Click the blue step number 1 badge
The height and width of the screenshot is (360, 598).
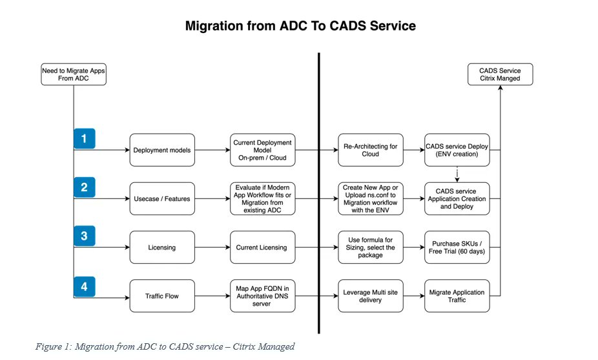[x=84, y=138]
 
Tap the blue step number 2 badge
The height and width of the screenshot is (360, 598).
[x=84, y=187]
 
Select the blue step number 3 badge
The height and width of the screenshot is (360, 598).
[x=84, y=236]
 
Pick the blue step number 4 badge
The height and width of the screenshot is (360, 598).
[x=84, y=285]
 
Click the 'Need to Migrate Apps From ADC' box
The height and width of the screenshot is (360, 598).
[x=73, y=75]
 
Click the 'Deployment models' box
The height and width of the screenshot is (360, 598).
[x=162, y=151]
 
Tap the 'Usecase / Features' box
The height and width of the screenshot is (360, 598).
[x=162, y=199]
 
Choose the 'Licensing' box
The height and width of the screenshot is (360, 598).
[x=162, y=248]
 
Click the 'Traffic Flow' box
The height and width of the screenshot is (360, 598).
[x=162, y=297]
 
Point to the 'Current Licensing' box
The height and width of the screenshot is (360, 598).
[x=262, y=248]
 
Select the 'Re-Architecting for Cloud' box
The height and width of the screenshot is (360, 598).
[x=371, y=151]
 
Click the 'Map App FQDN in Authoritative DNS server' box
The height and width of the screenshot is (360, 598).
[x=262, y=297]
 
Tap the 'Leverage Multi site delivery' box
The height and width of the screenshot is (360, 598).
[x=371, y=297]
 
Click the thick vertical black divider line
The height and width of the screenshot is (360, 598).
[x=319, y=194]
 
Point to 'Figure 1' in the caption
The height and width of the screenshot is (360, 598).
[x=53, y=347]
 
